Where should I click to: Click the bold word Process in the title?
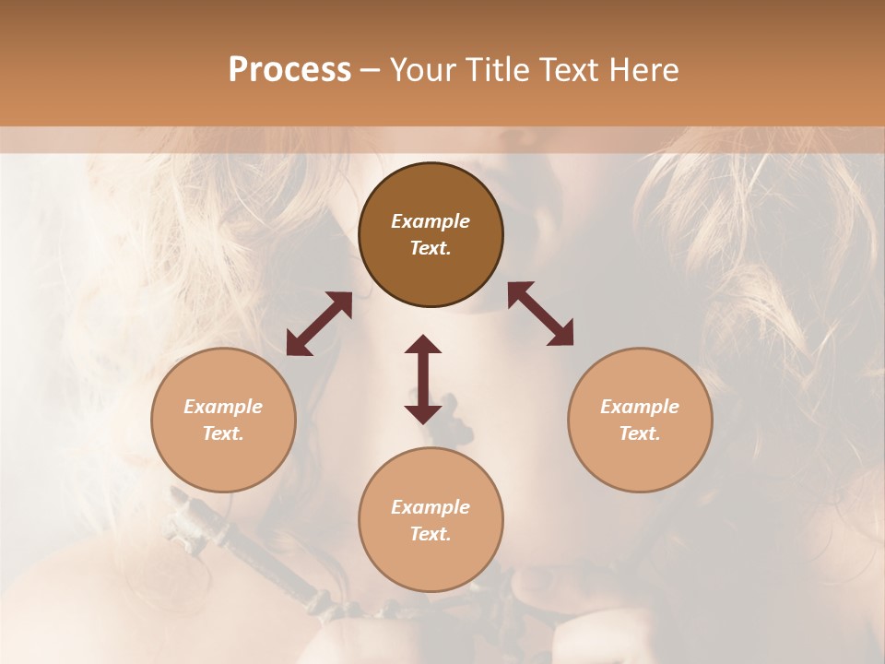click(289, 70)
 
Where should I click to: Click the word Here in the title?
click(645, 70)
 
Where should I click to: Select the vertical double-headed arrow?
click(423, 379)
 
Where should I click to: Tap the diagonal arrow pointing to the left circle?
click(319, 324)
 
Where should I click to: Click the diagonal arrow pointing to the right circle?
click(541, 314)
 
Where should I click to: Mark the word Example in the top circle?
click(431, 221)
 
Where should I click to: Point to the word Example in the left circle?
click(223, 407)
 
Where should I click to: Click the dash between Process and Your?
click(370, 71)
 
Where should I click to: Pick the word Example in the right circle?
click(640, 407)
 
